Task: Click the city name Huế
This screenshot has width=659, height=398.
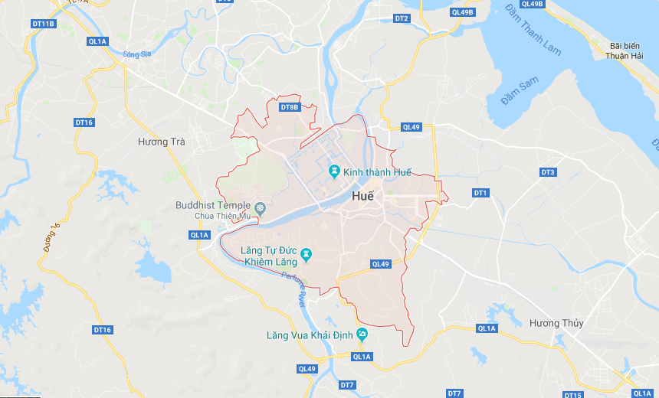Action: [x=364, y=197]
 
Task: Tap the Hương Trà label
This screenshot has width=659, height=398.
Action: [x=163, y=142]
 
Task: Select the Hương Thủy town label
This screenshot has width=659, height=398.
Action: [x=556, y=323]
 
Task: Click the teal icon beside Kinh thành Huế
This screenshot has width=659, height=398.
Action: [x=334, y=171]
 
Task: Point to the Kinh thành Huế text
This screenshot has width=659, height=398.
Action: [x=377, y=172]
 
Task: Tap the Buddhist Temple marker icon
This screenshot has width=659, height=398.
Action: [x=260, y=206]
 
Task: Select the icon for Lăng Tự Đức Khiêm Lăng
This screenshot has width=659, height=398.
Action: [x=307, y=253]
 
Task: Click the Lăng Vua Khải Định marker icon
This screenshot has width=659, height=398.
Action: [x=362, y=335]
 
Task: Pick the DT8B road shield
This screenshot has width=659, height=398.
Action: [x=290, y=107]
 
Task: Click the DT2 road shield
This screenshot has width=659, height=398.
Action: [x=402, y=18]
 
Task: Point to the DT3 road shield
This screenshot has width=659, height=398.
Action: [x=547, y=172]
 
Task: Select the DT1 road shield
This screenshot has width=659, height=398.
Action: [x=480, y=192]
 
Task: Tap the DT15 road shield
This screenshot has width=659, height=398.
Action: [x=572, y=395]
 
